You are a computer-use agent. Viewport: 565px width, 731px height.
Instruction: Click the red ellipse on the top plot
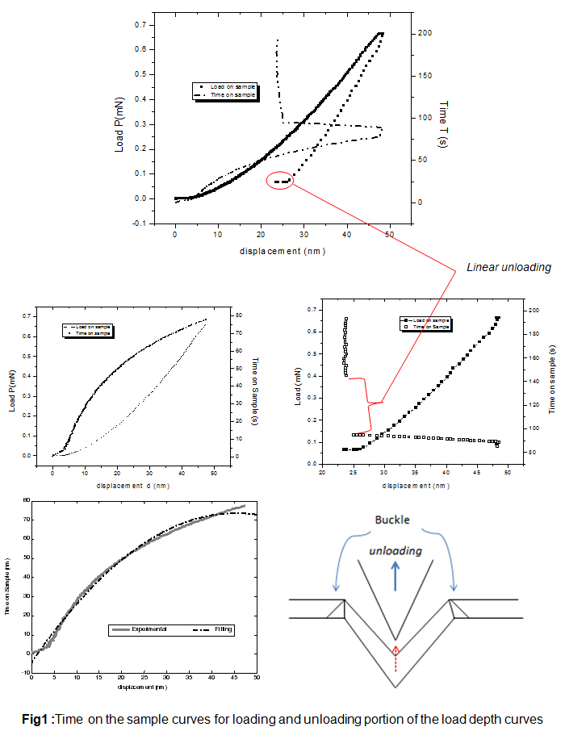280,182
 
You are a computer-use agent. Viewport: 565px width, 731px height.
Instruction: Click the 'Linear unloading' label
508,267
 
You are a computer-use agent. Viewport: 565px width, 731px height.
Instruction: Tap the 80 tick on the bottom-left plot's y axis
25,500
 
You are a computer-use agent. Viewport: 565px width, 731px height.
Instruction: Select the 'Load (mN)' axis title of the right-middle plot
299,384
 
